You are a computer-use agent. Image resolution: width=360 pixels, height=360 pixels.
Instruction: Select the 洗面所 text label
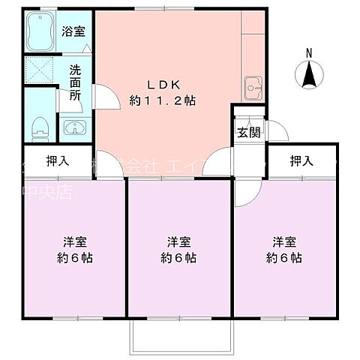[x=76, y=82]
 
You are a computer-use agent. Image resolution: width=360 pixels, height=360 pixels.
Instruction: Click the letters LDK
[x=162, y=84]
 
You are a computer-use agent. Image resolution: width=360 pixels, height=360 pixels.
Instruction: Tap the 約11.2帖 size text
[x=162, y=100]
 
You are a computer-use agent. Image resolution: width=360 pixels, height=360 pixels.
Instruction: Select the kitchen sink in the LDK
[x=253, y=89]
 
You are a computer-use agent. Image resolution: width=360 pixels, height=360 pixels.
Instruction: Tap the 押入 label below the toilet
[x=58, y=160]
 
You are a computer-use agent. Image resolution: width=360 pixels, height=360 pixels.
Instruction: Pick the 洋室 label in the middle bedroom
[x=178, y=242]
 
